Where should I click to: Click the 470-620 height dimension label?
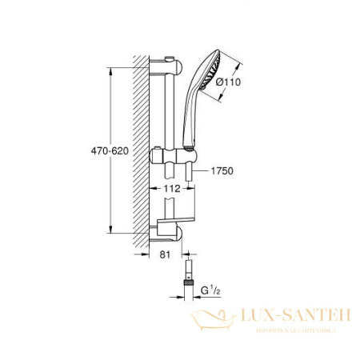click(107, 150)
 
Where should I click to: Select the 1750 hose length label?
click(225, 171)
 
